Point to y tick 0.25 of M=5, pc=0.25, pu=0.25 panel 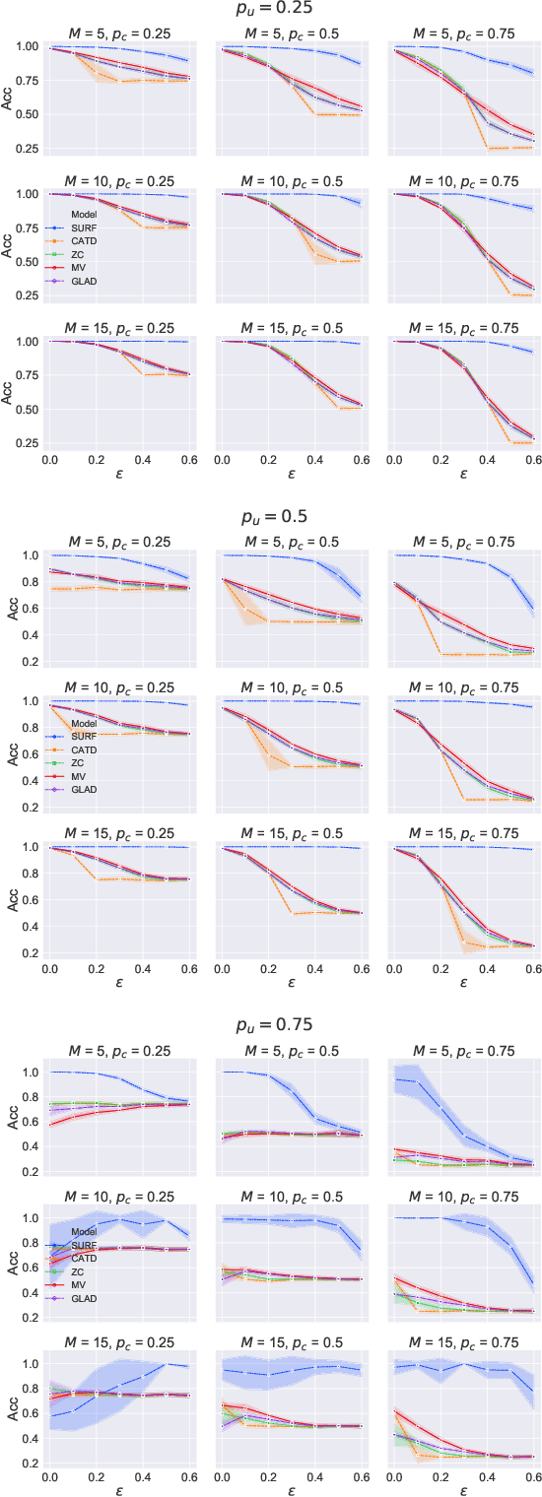(x=29, y=149)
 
